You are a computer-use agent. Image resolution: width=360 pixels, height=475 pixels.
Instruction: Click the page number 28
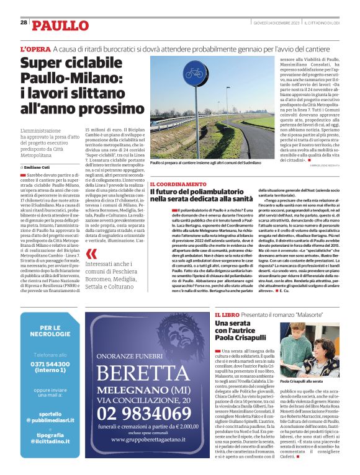point(24,22)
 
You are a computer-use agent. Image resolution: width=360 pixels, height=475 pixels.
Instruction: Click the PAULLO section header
point(61,25)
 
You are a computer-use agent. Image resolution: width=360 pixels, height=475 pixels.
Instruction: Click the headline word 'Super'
point(46,64)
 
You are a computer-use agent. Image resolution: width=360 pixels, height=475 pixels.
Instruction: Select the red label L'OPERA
point(35,49)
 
